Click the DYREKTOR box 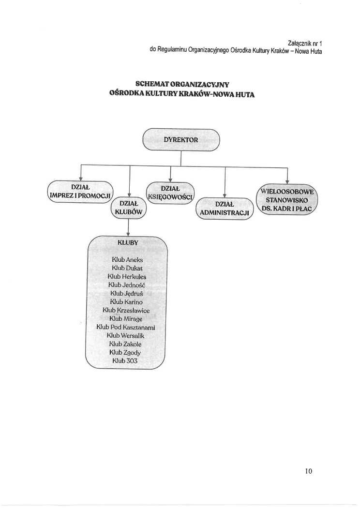tap(181, 140)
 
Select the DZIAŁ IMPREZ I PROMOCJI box tap(80, 191)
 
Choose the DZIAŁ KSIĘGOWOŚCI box tap(170, 192)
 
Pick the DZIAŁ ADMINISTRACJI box tap(225, 209)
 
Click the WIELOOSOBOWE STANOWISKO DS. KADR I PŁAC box tap(287, 199)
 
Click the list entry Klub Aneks tap(127, 260)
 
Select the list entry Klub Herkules tap(127, 276)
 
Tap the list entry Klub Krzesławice tap(126, 310)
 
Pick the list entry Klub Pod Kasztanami tap(125, 327)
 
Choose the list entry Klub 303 tap(125, 360)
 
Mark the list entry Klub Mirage tap(126, 318)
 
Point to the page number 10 tap(309, 470)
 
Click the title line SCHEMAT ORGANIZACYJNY tap(182, 85)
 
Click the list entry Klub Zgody tap(126, 352)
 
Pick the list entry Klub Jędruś tap(127, 293)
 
